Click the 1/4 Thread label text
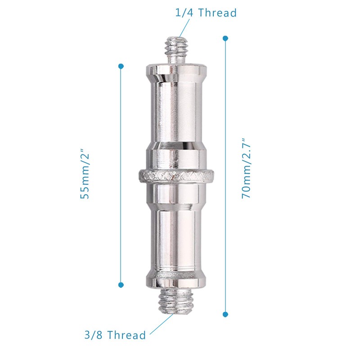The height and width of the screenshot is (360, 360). click(x=206, y=13)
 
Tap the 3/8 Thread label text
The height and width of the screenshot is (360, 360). click(x=115, y=335)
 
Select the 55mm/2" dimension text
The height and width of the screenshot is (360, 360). click(x=84, y=173)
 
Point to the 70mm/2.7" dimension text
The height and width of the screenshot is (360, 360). click(x=246, y=168)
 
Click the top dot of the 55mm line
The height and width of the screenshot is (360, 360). click(x=121, y=66)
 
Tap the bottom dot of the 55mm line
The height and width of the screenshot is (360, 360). click(x=121, y=285)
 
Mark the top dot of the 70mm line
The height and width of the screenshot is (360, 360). click(x=225, y=38)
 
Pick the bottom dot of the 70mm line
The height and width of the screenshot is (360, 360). click(x=225, y=314)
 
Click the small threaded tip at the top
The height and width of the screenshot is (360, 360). click(x=176, y=51)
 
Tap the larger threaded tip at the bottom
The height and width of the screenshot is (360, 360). click(x=176, y=300)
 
